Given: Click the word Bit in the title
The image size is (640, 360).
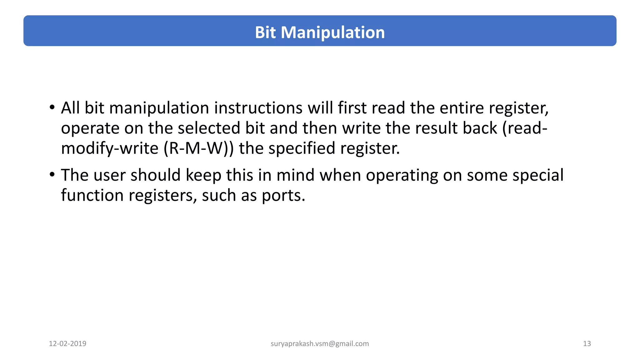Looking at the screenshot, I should coord(265,32).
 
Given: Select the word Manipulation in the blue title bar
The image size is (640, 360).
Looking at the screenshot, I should coord(332,32).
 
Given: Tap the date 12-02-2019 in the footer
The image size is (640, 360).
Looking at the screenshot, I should coord(67,344).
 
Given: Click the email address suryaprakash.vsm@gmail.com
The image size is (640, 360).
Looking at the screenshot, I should coord(320,344).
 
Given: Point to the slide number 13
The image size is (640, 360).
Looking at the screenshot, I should coord(587,344).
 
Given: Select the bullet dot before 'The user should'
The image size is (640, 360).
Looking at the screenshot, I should coord(52,174).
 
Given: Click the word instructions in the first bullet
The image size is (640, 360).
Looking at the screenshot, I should coord(258,108).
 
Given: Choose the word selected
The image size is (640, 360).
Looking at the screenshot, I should coord(209,128).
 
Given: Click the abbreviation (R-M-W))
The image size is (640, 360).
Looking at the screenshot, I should coord(198,148).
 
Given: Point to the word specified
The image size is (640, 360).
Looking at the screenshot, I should coord(302,149).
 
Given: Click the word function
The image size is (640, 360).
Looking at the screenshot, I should coord(92,195).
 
